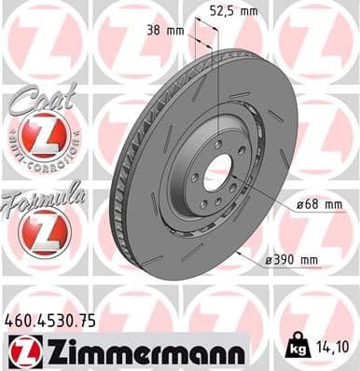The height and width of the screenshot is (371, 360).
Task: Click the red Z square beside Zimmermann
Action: tap(21, 350)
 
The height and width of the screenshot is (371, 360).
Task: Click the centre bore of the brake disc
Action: tap(217, 170)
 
